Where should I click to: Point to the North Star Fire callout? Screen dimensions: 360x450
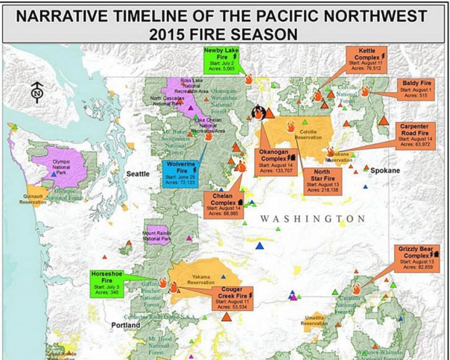321,179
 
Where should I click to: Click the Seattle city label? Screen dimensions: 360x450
138,174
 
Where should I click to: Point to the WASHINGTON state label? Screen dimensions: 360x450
312,219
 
